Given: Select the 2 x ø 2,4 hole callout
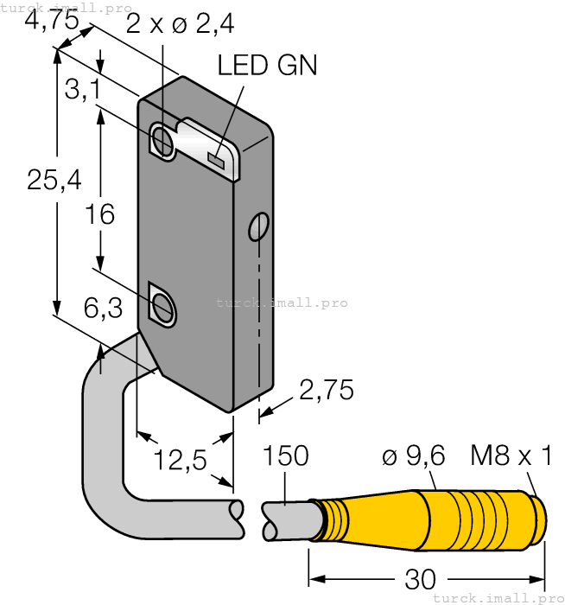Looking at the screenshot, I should click(x=179, y=24).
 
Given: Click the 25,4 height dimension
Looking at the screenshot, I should click(x=54, y=180).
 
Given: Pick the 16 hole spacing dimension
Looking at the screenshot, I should click(x=101, y=214).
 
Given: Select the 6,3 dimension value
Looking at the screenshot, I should click(x=102, y=309).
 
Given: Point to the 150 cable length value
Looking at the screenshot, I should click(x=285, y=455).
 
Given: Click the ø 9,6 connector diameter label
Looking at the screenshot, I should click(x=411, y=455).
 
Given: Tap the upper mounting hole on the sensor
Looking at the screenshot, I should click(x=162, y=139).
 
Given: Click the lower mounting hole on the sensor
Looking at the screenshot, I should click(x=162, y=305).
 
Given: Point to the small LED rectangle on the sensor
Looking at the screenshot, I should click(x=216, y=159).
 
